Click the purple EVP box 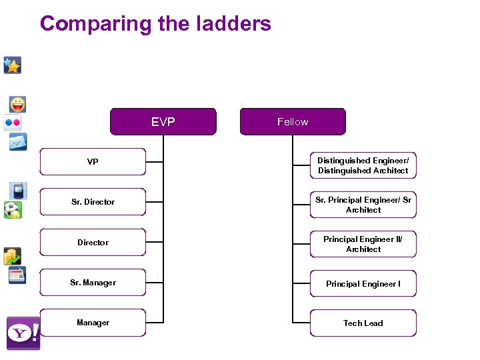tap(163, 122)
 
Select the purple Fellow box tap(293, 122)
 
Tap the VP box tap(93, 162)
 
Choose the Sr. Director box tap(93, 202)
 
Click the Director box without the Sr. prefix tap(93, 243)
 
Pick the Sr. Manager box tap(93, 283)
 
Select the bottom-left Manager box tap(93, 323)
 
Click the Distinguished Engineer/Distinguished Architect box tap(363, 165)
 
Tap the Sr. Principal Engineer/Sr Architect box tap(363, 205)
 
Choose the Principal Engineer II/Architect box tap(363, 244)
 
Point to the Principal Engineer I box tap(363, 284)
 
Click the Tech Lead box tap(363, 323)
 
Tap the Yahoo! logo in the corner tap(23, 333)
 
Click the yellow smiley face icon tap(17, 105)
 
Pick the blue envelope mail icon tap(17, 142)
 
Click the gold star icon tap(13, 65)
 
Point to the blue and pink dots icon tap(13, 123)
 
